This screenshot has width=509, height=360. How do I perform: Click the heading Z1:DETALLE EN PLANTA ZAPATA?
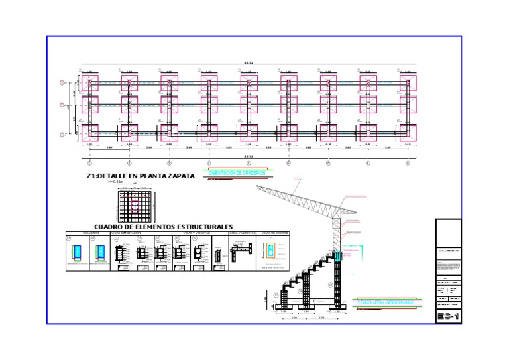(x=141, y=176)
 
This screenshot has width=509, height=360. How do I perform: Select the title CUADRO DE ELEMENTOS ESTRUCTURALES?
(x=164, y=227)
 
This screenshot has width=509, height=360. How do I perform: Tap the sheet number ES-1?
(x=448, y=316)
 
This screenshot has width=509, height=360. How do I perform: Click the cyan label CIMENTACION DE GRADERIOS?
(x=237, y=173)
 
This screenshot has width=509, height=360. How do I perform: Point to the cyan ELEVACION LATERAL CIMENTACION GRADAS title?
(x=386, y=302)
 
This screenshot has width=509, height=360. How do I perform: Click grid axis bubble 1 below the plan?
(x=89, y=162)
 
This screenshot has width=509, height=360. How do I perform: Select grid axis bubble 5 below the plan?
(x=249, y=162)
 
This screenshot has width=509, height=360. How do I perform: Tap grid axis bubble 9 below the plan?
(x=408, y=162)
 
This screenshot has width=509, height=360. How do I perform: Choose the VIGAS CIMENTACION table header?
(x=125, y=233)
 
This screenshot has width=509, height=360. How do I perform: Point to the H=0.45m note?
(x=117, y=182)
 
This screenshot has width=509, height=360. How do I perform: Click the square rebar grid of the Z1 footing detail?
(x=135, y=206)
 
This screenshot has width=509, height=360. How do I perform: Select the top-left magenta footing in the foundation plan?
(x=89, y=83)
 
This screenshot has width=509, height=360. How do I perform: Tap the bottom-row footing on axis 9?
(x=408, y=132)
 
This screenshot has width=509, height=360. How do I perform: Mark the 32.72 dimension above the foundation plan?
(x=249, y=64)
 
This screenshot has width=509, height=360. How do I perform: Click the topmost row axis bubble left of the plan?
(x=62, y=83)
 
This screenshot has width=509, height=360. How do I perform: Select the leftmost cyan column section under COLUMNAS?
(x=78, y=253)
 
